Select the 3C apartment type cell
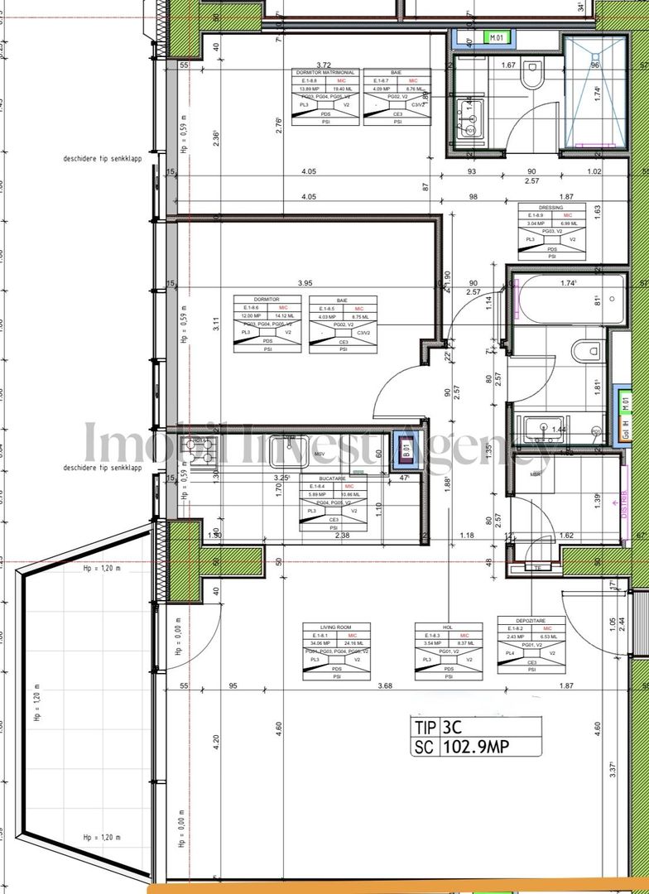click(453, 728)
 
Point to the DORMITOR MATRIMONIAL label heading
click(325, 73)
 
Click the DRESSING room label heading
click(551, 209)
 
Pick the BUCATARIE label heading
click(332, 478)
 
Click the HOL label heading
click(447, 627)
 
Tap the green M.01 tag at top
click(497, 37)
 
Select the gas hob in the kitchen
click(201, 450)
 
